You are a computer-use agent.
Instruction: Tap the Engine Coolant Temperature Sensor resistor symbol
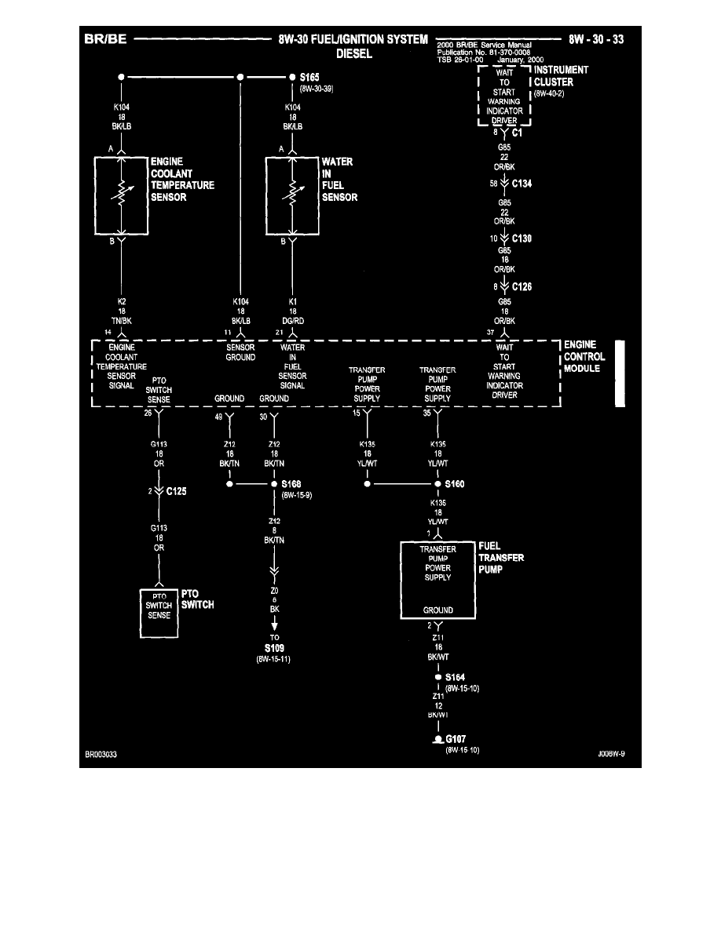(120, 196)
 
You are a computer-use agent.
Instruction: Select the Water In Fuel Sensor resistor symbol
(292, 196)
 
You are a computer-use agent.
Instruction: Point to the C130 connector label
(522, 238)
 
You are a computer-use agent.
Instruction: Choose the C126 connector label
(522, 287)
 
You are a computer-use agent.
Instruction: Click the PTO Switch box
(160, 606)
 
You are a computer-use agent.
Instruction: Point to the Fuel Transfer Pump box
(437, 580)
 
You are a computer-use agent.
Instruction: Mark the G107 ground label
(456, 740)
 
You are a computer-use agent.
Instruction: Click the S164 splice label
(456, 676)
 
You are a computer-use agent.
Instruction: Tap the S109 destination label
(274, 649)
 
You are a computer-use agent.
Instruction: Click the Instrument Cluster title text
(561, 76)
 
